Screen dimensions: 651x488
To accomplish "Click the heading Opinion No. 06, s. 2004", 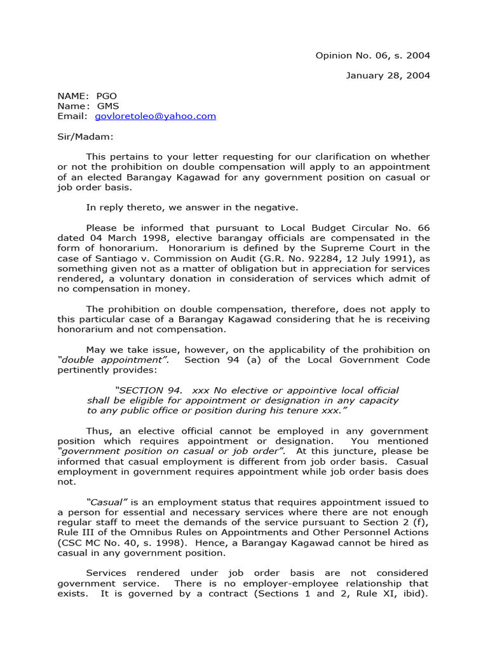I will click(372, 55).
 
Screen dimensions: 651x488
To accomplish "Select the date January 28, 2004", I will click(388, 76).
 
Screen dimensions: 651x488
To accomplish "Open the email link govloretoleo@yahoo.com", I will click(155, 116).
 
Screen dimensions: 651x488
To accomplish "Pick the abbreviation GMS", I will click(107, 106).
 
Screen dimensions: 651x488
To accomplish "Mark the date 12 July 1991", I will click(351, 258).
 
